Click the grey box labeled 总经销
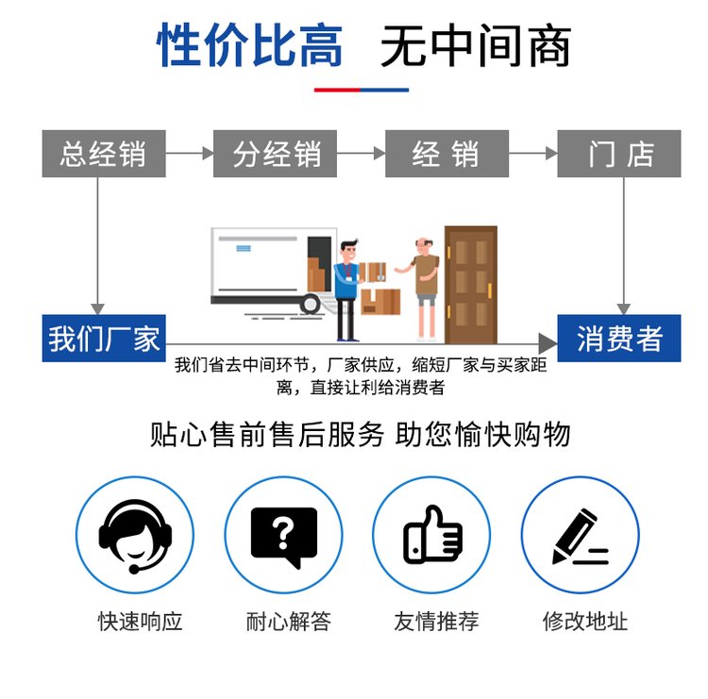click(x=104, y=154)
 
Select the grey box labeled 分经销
click(x=275, y=154)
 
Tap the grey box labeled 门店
click(x=619, y=154)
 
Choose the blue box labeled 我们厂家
click(x=104, y=338)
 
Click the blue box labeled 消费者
click(x=619, y=338)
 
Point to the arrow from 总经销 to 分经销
click(x=190, y=154)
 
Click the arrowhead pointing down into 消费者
click(x=624, y=308)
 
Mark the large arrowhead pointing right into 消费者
click(x=548, y=344)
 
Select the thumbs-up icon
click(x=432, y=534)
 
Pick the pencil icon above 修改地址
click(x=581, y=536)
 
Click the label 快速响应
click(x=140, y=622)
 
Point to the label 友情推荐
click(x=436, y=622)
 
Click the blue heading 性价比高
click(x=249, y=45)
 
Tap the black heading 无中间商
click(x=476, y=45)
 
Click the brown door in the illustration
click(x=471, y=285)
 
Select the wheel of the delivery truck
click(x=311, y=304)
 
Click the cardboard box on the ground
click(x=380, y=302)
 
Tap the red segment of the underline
click(x=337, y=90)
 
